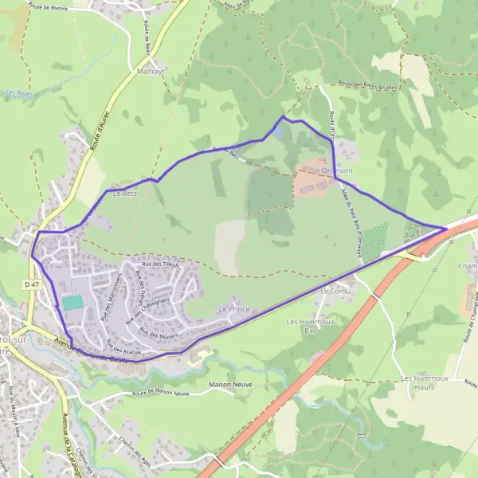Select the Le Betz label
click(124, 193)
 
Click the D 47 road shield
click(31, 284)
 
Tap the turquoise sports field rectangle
click(72, 303)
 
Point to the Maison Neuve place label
click(230, 384)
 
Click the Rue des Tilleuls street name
click(160, 264)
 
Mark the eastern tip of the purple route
click(445, 229)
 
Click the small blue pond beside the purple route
click(277, 131)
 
